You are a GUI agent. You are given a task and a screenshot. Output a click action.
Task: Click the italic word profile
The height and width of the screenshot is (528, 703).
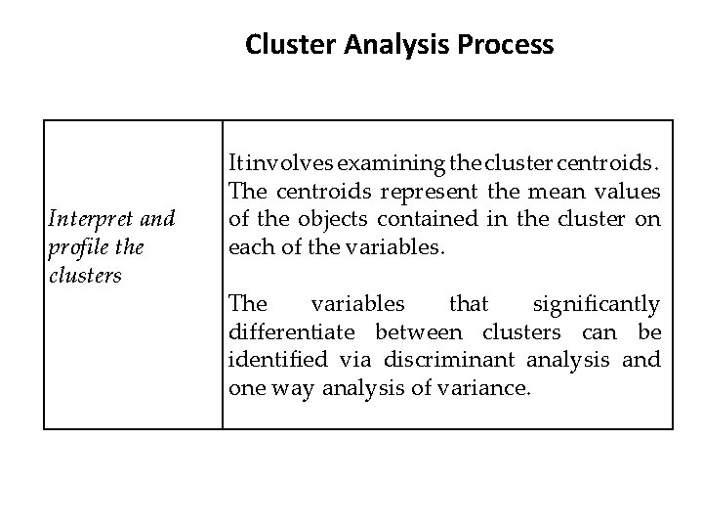coord(71,247)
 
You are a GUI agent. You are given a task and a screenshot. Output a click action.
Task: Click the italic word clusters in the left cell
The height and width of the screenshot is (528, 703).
coord(85,276)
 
